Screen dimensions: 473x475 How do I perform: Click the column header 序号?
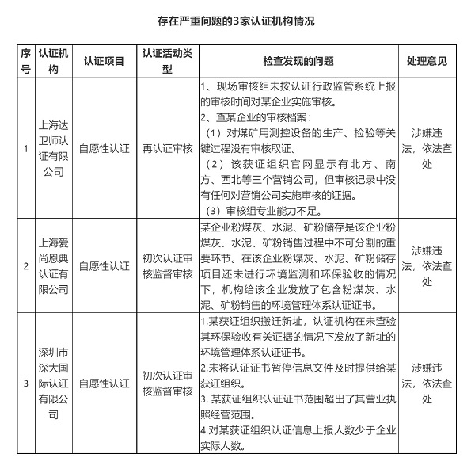[26, 61]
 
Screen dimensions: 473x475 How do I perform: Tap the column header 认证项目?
[104, 61]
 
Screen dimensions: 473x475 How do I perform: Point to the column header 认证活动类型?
[167, 61]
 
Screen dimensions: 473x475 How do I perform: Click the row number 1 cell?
[26, 148]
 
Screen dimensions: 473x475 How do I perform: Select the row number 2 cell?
[26, 266]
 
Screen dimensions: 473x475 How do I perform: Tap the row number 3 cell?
[26, 383]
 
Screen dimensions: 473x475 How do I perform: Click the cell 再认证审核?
[167, 148]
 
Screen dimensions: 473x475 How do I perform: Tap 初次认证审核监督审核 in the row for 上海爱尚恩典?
[167, 266]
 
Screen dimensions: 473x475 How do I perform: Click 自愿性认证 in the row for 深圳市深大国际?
[104, 383]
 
